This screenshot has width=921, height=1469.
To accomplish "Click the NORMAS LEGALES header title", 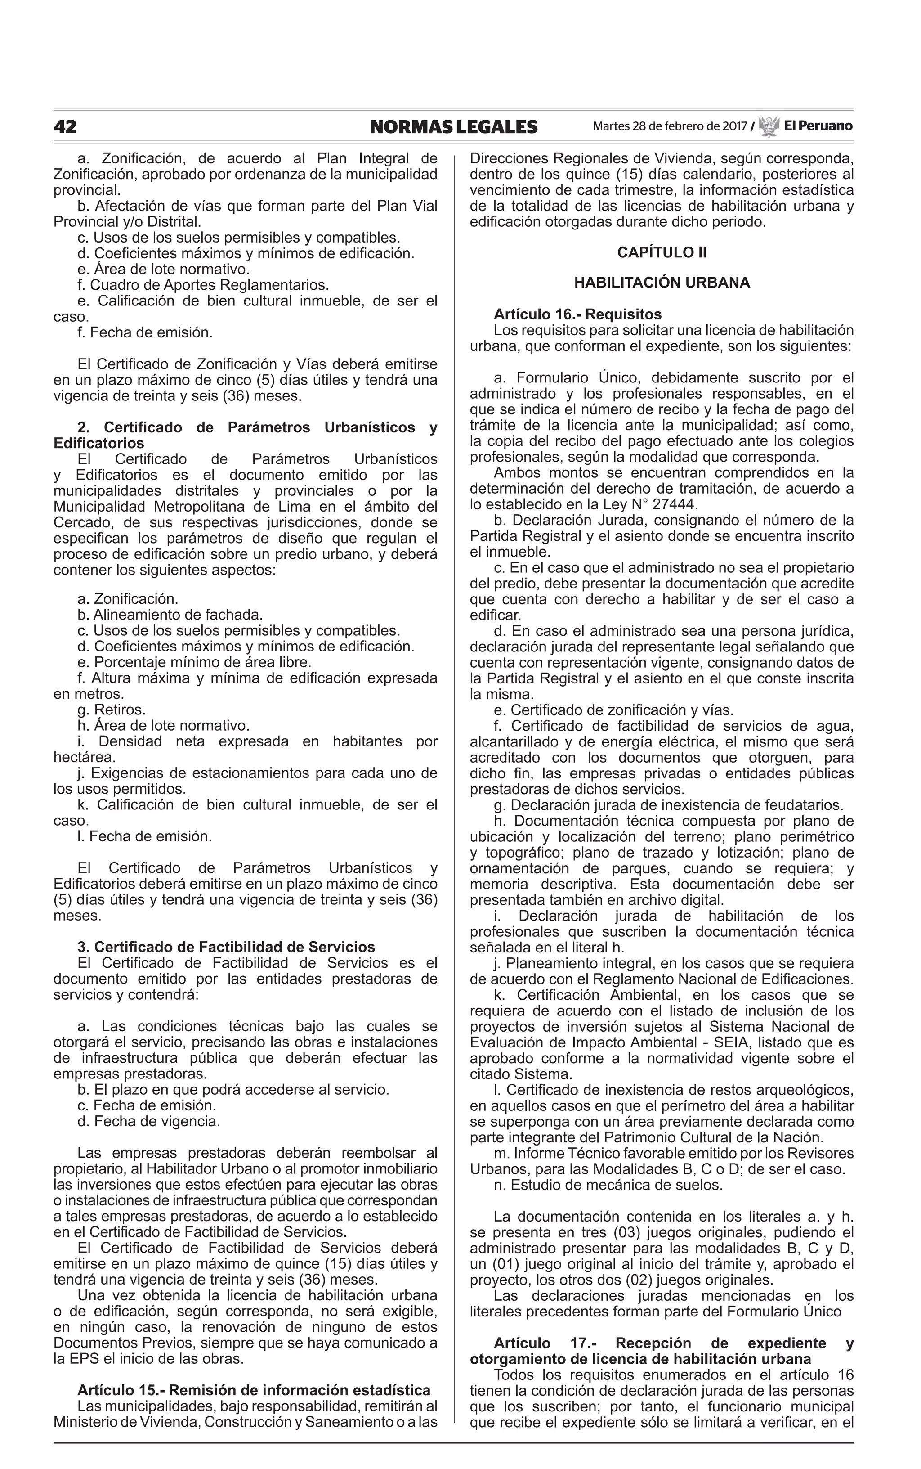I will click(453, 127).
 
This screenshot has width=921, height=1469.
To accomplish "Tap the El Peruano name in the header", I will click(818, 126).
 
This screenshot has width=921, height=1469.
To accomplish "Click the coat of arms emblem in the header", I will click(769, 126).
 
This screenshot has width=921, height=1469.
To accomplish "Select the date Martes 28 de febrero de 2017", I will click(670, 127).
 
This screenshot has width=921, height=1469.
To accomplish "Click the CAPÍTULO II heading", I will click(662, 252).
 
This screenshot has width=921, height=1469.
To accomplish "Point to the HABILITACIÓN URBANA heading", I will click(662, 283).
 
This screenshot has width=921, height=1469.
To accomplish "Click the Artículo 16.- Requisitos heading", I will click(577, 314).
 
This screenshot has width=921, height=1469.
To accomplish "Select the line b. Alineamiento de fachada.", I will click(170, 615).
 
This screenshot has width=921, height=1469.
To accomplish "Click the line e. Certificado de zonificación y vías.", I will click(613, 710).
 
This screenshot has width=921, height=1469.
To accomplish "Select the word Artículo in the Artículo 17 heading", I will click(522, 1343).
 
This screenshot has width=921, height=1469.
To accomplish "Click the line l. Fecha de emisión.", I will click(144, 836).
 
